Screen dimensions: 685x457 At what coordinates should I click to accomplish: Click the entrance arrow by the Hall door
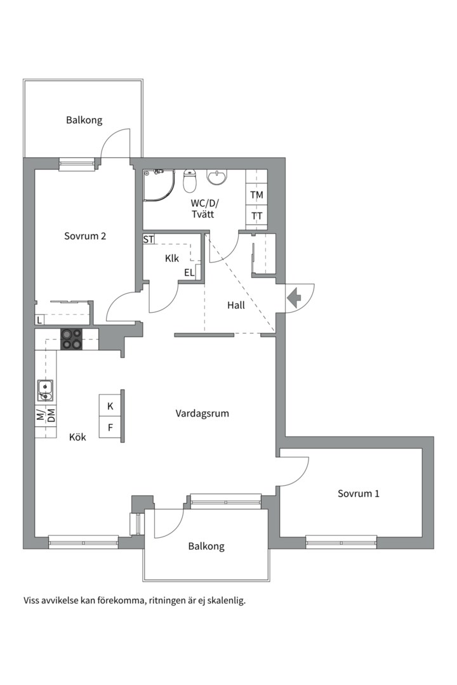pos(295,298)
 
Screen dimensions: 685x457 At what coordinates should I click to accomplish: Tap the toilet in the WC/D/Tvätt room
pos(190,181)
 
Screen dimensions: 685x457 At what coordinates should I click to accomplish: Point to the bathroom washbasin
pos(217,177)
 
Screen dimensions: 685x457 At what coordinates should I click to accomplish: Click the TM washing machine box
pos(256,195)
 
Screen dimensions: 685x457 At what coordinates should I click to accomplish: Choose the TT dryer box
pos(256,216)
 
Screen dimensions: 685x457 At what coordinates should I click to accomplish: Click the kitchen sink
pos(45,391)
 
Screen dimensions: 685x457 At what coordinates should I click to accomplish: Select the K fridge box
pos(110,406)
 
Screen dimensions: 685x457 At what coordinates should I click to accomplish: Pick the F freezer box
pos(110,427)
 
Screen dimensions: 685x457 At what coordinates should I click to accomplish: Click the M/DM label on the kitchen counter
pos(45,415)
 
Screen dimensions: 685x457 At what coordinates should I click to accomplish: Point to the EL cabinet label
pos(189,273)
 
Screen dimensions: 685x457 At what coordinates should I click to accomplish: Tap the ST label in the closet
pos(149,240)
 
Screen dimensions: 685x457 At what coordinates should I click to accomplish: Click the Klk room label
pos(171,258)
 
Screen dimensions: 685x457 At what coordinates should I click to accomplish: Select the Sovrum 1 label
pos(358,493)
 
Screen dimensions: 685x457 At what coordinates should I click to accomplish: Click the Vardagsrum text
pos(202,413)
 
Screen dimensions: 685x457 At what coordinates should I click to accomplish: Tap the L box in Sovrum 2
pos(39,320)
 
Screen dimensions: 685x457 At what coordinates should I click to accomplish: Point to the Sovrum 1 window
pos(341,541)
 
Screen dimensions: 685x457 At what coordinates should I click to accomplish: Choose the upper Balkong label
pos(84,120)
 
